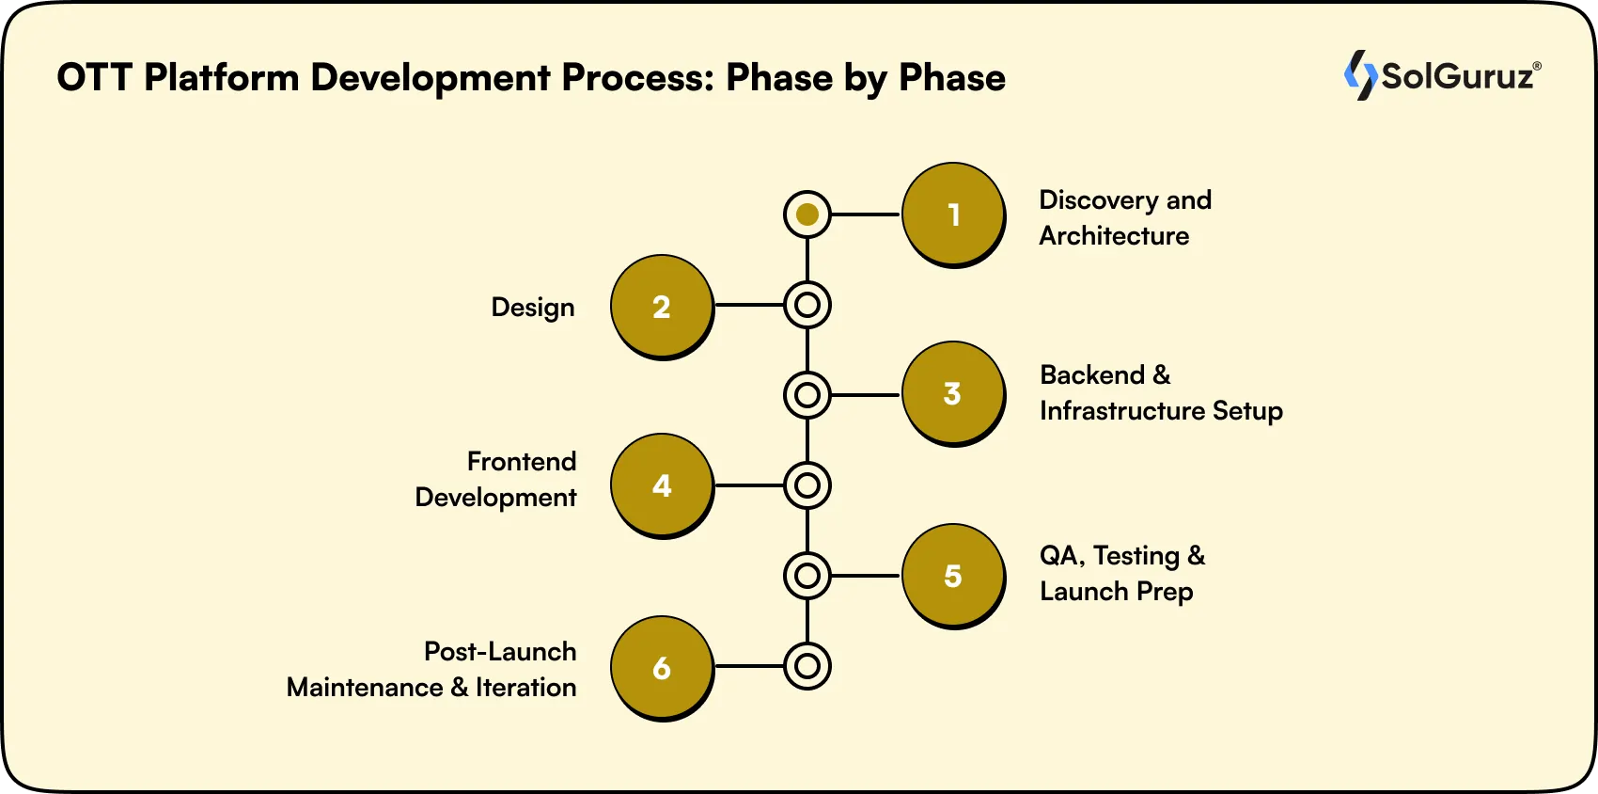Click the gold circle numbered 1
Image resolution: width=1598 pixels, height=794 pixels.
pos(953,214)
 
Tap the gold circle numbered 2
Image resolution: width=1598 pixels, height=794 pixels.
pos(662,306)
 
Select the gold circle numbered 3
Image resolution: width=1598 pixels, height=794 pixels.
pos(953,392)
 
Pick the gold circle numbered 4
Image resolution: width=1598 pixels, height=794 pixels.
pos(662,484)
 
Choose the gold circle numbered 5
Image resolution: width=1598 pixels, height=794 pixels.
pos(953,575)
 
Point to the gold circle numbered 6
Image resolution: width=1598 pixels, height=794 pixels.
pos(662,667)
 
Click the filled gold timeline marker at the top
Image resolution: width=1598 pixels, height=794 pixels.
pos(807,214)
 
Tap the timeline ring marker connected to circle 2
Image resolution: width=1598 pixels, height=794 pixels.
pos(807,305)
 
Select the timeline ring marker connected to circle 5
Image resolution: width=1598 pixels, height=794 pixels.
pos(807,576)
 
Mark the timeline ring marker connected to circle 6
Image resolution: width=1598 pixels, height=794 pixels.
pos(807,666)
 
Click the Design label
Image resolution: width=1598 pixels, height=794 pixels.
pos(532,308)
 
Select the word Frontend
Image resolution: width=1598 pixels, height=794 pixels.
pos(522,462)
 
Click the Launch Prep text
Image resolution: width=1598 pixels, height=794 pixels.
pos(1116,592)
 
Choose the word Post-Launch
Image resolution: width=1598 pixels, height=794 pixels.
pos(500,652)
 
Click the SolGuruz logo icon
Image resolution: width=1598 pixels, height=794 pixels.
pos(1360,75)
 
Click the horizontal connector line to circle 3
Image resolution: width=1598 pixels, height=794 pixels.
pos(866,395)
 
